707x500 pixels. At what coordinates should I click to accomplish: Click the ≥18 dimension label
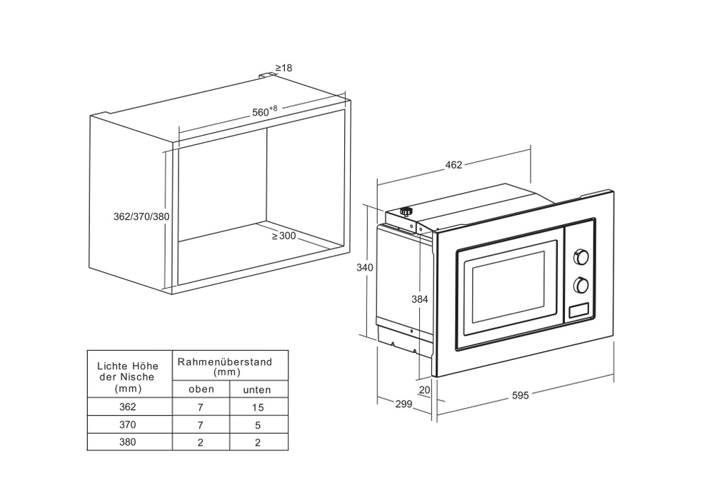pos(284,68)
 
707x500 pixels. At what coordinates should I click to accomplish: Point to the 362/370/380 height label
pos(141,216)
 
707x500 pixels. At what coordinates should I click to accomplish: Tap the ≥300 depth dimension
pos(284,236)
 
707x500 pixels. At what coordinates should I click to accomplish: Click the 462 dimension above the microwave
pos(453,165)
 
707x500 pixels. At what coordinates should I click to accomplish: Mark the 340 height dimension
pos(365,267)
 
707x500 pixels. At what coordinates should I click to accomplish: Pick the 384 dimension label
pos(420,299)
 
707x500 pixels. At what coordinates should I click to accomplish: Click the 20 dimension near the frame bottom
pos(425,389)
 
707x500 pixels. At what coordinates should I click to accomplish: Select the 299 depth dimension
pos(403,404)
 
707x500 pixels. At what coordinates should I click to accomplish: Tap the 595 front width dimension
pos(520,396)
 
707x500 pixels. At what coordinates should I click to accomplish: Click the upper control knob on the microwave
pos(581,257)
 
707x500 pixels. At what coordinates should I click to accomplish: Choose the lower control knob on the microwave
pos(581,286)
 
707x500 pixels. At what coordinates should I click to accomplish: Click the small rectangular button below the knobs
pos(578,311)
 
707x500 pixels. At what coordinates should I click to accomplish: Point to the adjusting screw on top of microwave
pos(406,211)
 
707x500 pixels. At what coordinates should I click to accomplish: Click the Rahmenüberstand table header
pos(225,366)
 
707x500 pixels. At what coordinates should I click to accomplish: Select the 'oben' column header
pos(201,389)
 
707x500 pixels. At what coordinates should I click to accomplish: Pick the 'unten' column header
pos(257,390)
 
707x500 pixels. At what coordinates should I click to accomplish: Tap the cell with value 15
pos(258,408)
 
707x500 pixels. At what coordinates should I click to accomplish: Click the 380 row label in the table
pos(128,442)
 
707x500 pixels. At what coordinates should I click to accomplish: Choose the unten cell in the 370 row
pos(258,425)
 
